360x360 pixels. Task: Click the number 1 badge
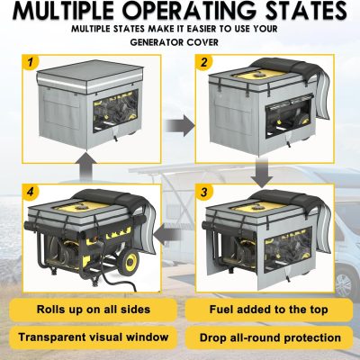31,62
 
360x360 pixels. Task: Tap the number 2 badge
204,62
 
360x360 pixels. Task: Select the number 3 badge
204,192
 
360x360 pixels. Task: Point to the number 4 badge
31,192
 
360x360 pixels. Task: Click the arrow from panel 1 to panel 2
180,125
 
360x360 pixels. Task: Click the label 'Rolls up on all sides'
94,310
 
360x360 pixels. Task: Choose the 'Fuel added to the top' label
268,310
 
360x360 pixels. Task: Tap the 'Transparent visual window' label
94,337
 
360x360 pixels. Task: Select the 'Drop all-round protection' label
270,337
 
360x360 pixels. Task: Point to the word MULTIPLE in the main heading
65,11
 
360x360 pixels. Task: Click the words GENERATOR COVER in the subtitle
175,42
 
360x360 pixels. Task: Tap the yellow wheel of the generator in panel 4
129,262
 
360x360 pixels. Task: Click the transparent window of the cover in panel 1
116,111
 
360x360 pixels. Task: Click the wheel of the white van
346,282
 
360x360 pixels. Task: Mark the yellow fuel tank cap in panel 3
258,207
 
